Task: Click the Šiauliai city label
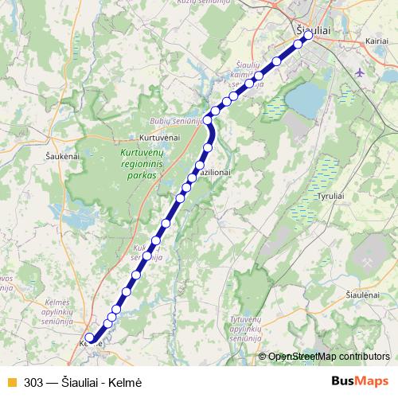point(313,30)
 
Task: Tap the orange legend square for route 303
point(11,382)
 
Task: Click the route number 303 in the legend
point(33,382)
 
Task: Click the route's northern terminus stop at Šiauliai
point(307,35)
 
